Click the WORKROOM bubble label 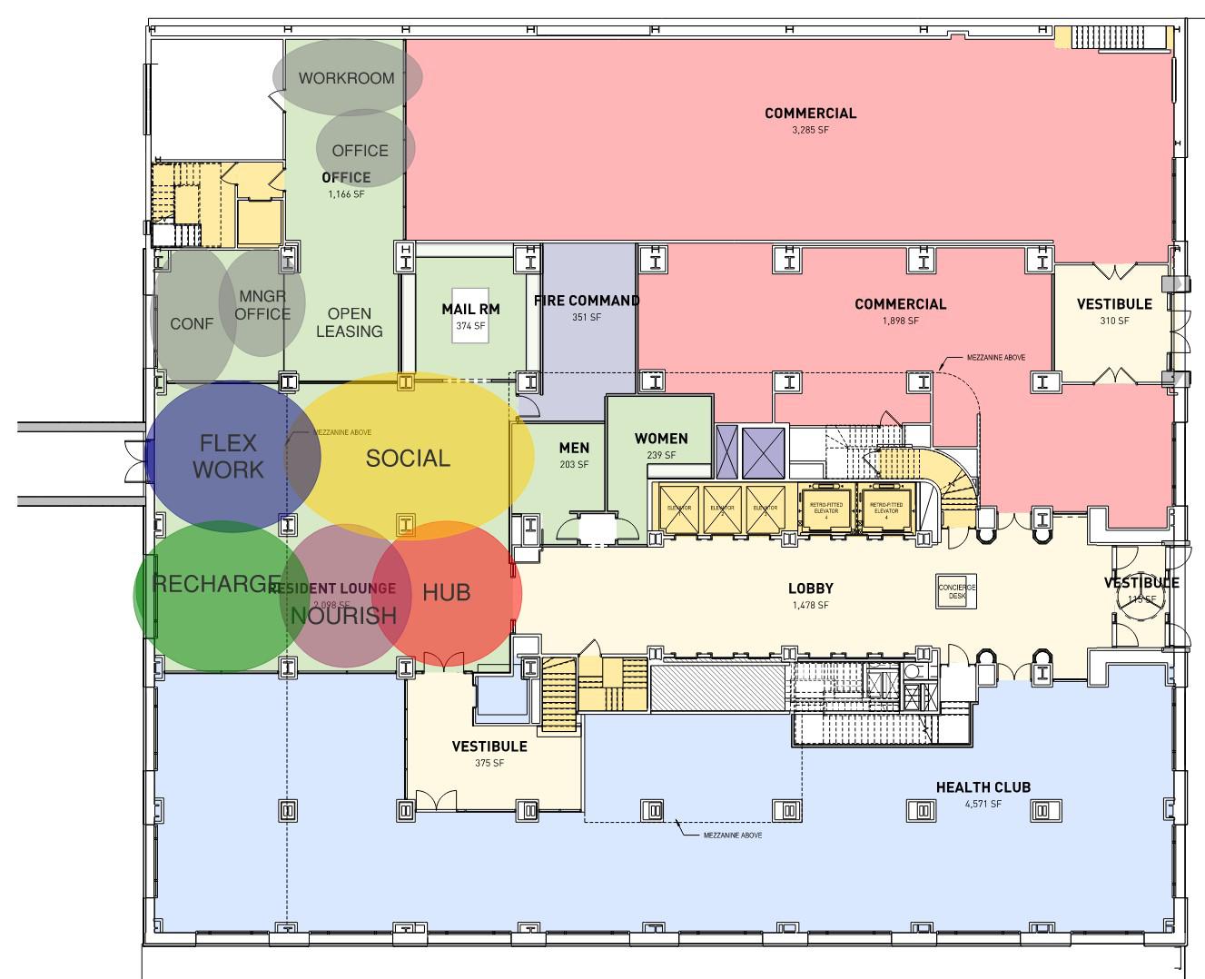point(347,78)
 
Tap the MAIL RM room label point(470,309)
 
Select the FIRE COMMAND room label point(587,301)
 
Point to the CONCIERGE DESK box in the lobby point(956,592)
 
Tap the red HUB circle point(447,593)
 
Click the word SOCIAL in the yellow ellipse point(408,459)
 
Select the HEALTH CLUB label point(983,787)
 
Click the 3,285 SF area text point(810,130)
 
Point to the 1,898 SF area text point(900,321)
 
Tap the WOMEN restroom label point(661,439)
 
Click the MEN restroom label point(574,448)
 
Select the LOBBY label point(811,588)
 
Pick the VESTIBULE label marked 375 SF point(489,747)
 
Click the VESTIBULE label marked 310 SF point(1114,304)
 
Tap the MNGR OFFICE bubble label point(262,305)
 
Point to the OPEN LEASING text point(350,322)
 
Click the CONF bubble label point(192,324)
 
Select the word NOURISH point(344,616)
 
